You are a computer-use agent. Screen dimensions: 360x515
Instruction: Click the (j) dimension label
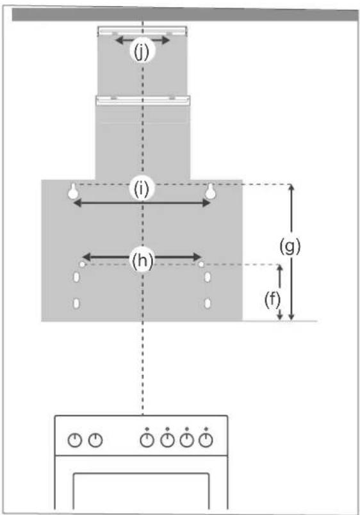[142, 52]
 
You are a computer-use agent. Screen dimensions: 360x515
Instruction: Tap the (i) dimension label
[142, 188]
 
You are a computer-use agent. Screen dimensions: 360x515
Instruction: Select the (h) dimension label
[142, 261]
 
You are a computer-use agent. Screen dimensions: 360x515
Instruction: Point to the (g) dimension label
[290, 247]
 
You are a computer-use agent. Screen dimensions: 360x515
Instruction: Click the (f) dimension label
[273, 300]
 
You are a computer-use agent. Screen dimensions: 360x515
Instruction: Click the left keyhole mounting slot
[73, 192]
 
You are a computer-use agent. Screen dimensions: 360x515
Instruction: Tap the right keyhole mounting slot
[211, 192]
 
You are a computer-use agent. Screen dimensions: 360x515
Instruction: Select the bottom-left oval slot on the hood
[76, 303]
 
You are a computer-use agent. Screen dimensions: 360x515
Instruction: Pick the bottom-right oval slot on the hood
[208, 303]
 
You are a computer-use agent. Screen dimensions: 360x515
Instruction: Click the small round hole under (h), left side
[82, 265]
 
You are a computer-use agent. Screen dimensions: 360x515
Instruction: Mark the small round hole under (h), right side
[201, 265]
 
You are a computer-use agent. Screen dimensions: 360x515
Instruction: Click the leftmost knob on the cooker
[75, 440]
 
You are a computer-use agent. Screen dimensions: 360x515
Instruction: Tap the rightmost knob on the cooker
[206, 440]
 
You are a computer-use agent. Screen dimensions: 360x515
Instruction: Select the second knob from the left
[95, 440]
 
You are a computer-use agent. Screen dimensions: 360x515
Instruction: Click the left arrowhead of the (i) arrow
[78, 203]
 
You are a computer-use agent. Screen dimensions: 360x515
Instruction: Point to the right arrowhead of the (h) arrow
[197, 256]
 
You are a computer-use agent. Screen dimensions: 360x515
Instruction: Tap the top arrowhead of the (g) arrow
[291, 188]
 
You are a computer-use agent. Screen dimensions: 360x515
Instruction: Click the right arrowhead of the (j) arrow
[166, 40]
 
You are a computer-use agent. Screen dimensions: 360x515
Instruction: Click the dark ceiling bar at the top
[185, 15]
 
